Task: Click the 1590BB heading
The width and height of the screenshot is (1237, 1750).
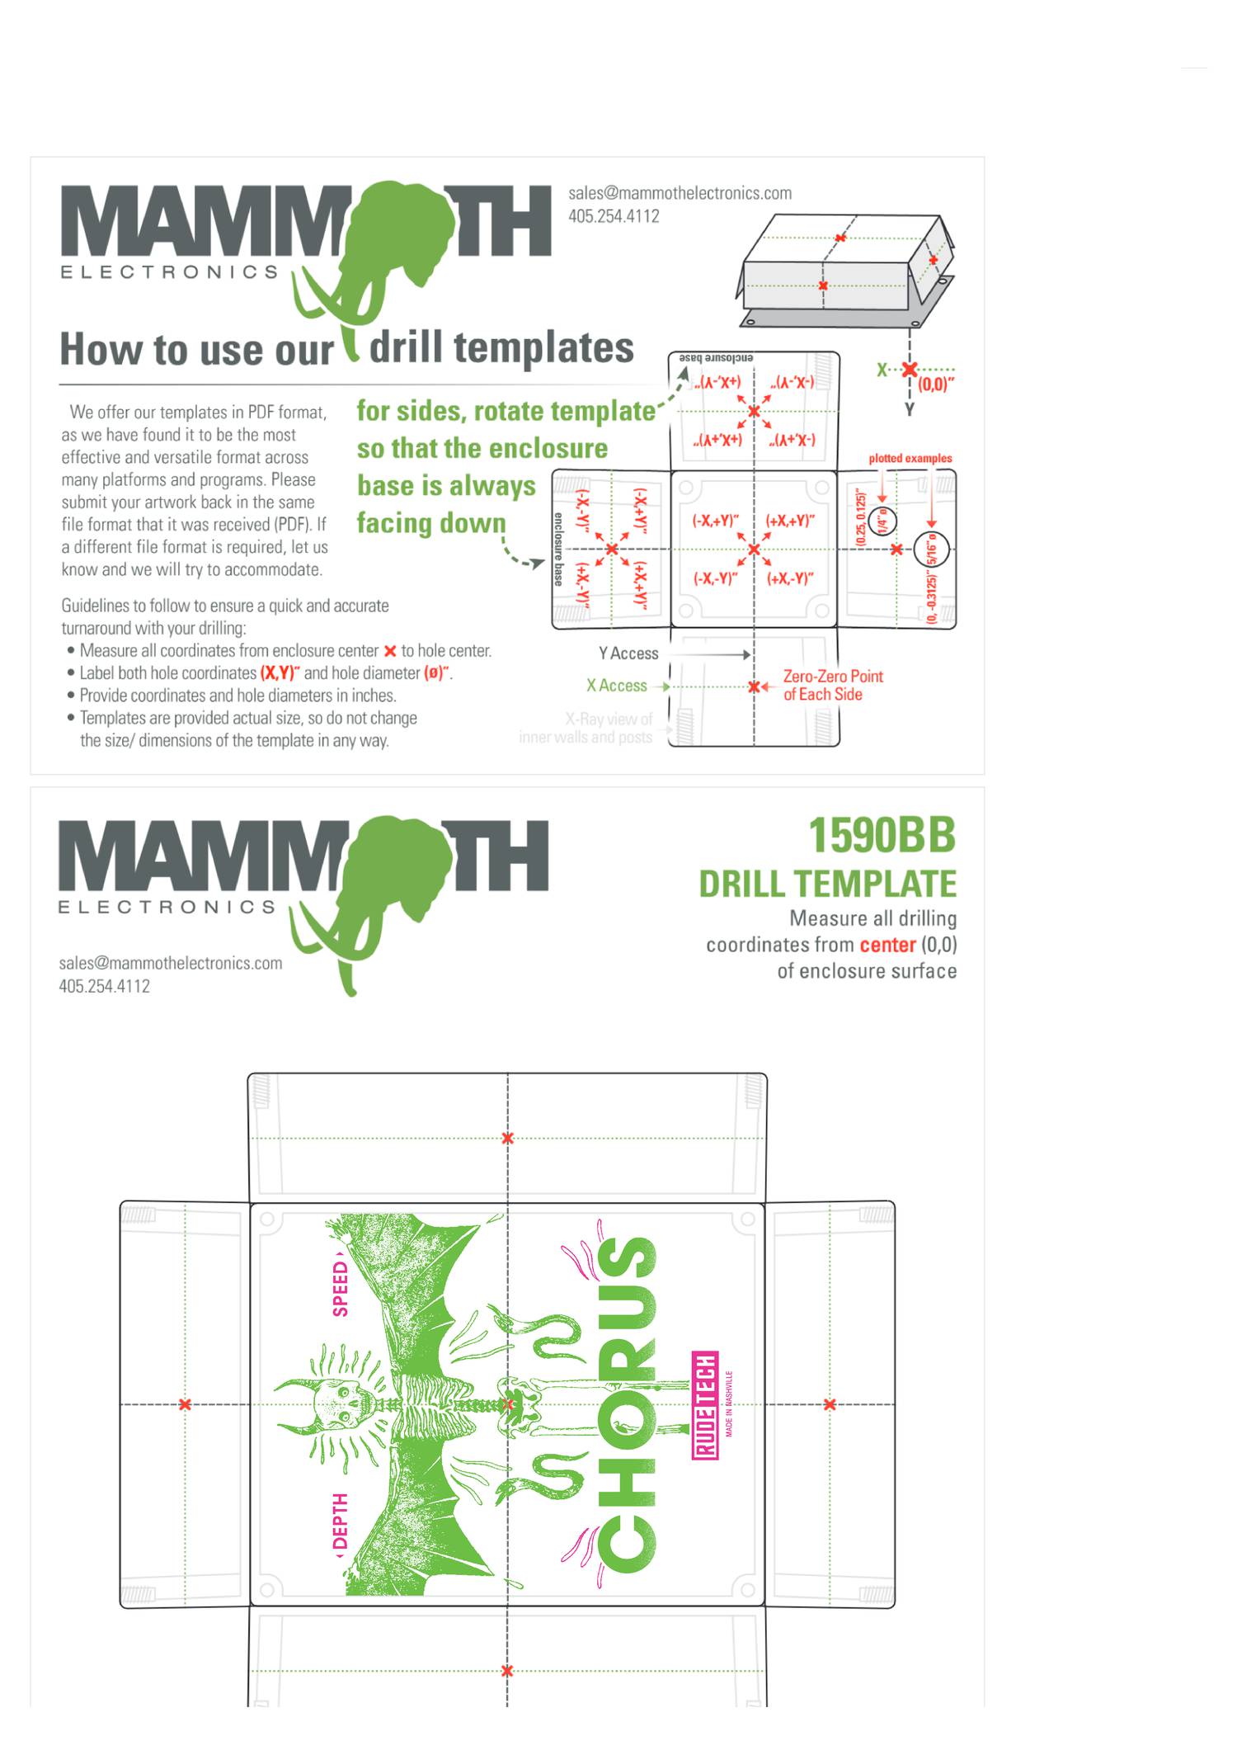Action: point(881,835)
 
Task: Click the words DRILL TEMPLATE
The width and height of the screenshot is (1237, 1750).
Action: point(827,884)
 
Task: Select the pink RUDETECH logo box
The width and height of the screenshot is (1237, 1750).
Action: point(705,1404)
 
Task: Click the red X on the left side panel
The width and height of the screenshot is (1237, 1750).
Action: point(185,1404)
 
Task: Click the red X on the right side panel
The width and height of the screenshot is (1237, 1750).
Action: point(830,1404)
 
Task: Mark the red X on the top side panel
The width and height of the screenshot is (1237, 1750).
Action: point(507,1139)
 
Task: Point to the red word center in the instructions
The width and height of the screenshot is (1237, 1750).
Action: point(887,945)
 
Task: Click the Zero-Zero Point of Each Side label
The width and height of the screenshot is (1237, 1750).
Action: point(832,686)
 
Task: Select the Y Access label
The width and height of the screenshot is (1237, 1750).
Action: point(628,653)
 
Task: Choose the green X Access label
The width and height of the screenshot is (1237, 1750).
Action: point(616,686)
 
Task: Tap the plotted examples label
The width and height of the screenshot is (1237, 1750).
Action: point(910,458)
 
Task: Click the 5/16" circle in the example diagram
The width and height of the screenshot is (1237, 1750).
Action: point(932,549)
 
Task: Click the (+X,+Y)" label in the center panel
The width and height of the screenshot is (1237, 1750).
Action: point(790,521)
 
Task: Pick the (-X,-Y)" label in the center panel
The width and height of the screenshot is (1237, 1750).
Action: point(715,578)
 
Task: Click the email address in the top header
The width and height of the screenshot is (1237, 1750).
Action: point(680,193)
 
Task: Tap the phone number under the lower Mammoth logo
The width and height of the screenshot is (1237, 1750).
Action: point(104,986)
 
